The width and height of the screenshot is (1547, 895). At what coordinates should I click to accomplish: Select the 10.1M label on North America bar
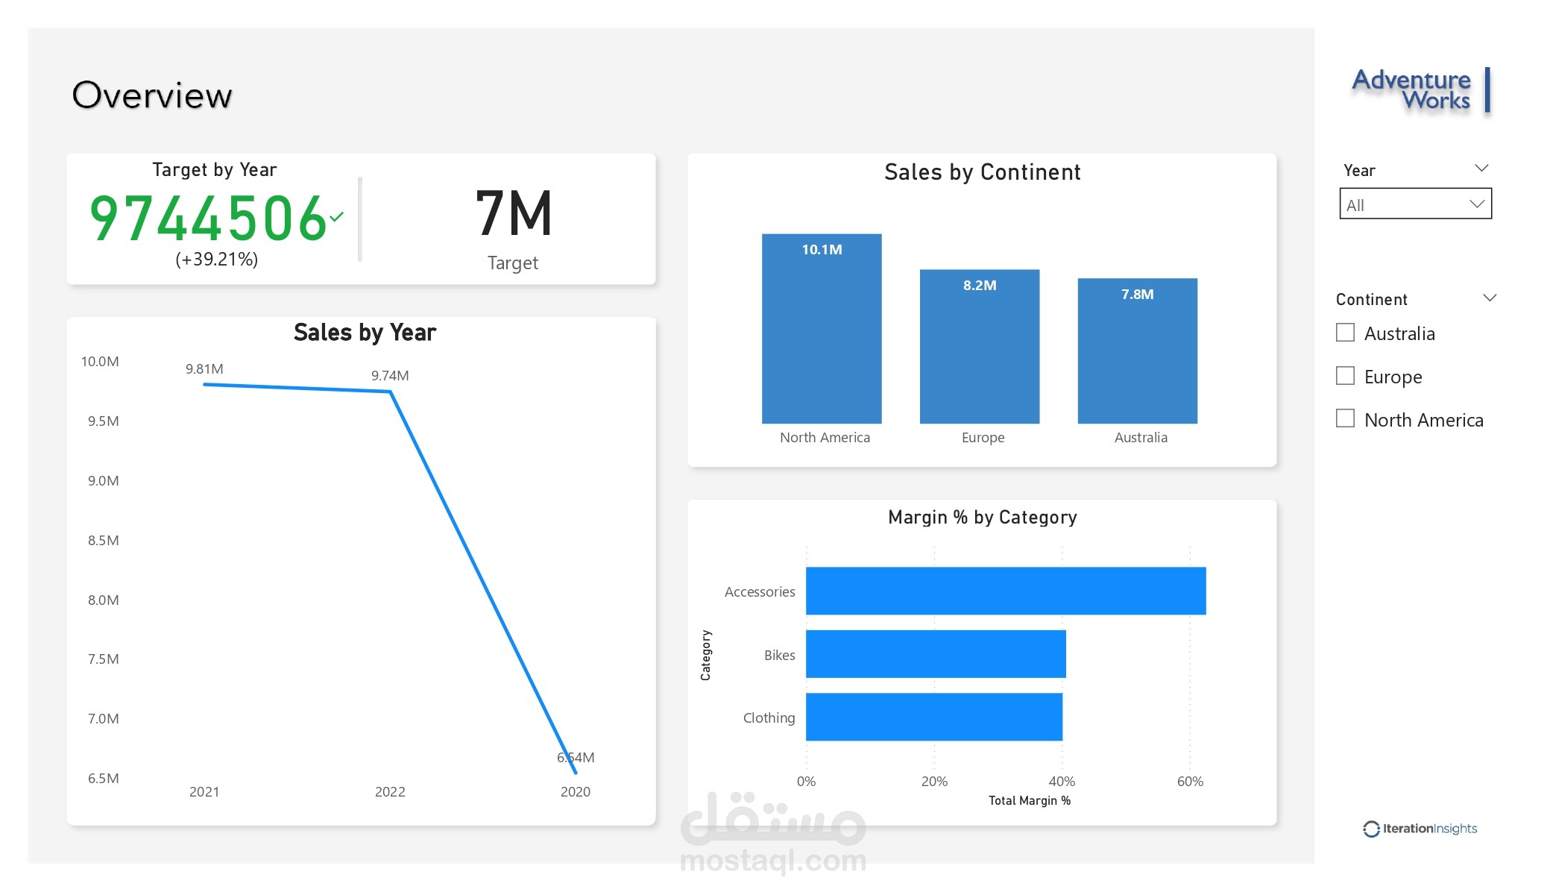[x=822, y=250]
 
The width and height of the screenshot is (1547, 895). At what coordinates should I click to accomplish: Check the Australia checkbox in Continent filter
[x=1345, y=333]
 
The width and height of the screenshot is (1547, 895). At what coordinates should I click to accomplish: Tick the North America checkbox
[x=1345, y=418]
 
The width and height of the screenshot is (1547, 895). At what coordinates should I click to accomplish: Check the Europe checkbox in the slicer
[x=1345, y=375]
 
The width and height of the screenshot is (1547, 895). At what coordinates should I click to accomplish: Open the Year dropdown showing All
[x=1414, y=204]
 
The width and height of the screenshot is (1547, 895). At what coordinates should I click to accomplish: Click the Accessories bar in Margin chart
[x=1005, y=591]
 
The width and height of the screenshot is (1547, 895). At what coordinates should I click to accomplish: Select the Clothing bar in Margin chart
[x=933, y=717]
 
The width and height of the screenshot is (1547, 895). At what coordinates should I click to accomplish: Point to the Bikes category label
[x=779, y=655]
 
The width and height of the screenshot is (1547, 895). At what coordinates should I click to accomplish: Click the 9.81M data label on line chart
[x=204, y=369]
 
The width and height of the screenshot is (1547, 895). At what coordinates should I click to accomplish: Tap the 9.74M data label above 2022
[x=390, y=376]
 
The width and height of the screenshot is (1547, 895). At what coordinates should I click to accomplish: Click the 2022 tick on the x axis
[x=390, y=791]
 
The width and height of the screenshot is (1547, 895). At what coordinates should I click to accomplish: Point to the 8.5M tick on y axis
[x=103, y=540]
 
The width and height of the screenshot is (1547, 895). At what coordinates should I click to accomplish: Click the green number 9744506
[x=208, y=219]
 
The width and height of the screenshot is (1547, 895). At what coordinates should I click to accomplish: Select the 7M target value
[x=514, y=214]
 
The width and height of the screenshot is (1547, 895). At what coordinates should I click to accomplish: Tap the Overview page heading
[x=152, y=95]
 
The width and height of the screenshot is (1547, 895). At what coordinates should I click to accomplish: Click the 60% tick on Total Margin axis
[x=1190, y=782]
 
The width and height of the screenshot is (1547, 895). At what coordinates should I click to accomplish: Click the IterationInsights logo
[x=1420, y=829]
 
